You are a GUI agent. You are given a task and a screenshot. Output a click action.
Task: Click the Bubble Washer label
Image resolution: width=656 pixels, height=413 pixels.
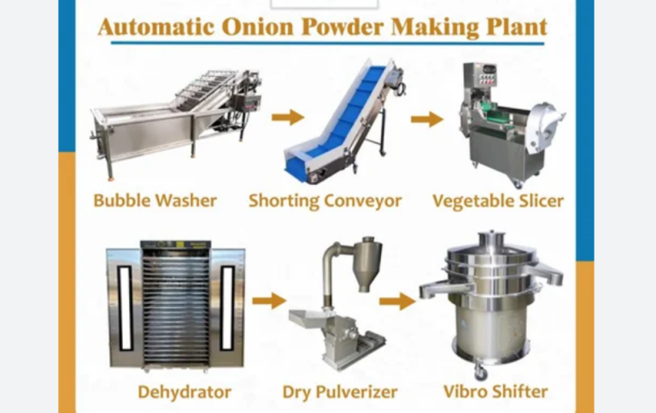pos(155,201)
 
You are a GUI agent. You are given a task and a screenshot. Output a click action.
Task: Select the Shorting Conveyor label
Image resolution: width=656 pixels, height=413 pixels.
pos(325,201)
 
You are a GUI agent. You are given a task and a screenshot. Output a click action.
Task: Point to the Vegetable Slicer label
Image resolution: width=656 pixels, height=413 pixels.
pos(498,201)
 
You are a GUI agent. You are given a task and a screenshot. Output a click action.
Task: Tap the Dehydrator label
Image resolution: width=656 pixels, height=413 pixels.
pos(184,393)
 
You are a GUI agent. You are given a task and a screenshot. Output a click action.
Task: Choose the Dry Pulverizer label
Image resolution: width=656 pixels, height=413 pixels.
pos(340,393)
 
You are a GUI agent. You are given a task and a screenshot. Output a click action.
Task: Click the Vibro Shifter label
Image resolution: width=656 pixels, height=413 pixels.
pos(495,393)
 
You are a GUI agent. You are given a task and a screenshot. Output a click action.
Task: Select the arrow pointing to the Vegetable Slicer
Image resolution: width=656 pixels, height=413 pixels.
pos(426,119)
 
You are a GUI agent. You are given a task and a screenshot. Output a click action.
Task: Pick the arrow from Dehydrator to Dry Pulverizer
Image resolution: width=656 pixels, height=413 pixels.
pos(269,300)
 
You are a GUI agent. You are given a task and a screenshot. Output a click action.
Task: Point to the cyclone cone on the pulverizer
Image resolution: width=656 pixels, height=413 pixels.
pos(367,261)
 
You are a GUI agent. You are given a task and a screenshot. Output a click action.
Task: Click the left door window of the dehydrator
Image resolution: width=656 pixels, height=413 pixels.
pos(125,308)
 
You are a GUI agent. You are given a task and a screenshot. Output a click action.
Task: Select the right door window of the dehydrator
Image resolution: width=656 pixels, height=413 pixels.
pos(227,308)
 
